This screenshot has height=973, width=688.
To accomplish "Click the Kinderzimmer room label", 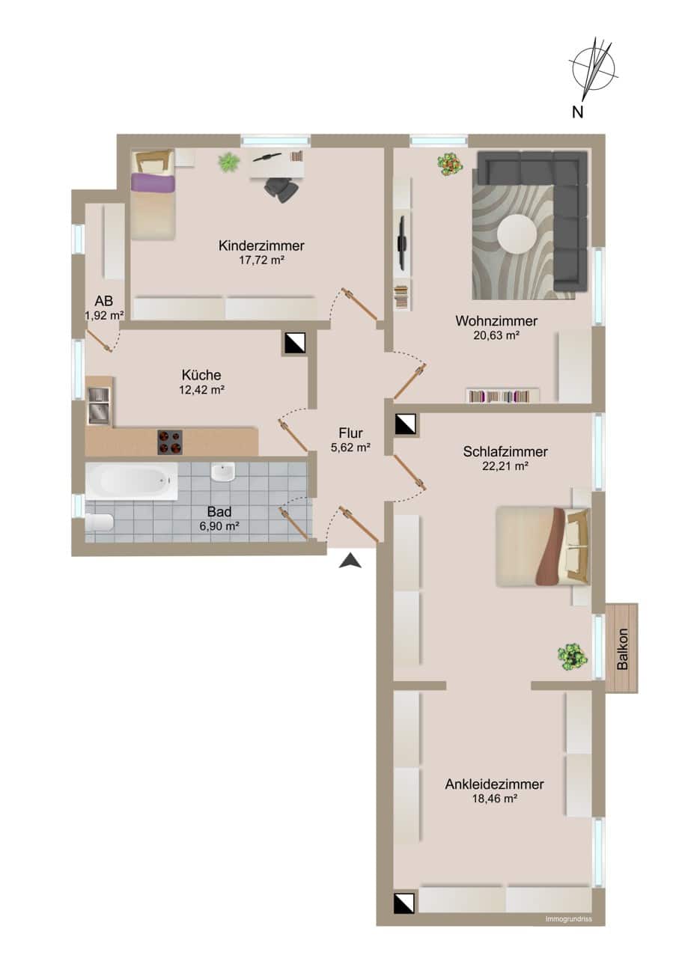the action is click(x=261, y=245).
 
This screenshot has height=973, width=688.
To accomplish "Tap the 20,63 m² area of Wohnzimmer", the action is click(x=496, y=335).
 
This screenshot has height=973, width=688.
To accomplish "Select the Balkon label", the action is click(x=622, y=649).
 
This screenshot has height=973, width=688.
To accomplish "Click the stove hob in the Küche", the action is click(x=170, y=442).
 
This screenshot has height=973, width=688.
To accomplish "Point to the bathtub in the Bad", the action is click(x=132, y=481).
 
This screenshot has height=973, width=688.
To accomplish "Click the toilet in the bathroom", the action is click(x=100, y=522).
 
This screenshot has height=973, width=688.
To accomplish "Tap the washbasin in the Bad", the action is click(x=223, y=472).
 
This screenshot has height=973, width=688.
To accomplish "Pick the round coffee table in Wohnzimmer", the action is click(x=517, y=234).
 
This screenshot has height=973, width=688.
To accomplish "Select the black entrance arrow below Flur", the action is click(x=350, y=561).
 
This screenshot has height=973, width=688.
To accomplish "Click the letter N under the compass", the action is click(x=577, y=112).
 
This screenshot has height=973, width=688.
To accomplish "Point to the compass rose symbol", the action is click(x=594, y=69).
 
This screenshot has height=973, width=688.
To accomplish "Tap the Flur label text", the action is click(x=350, y=433).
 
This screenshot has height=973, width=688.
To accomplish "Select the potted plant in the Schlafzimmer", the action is click(x=572, y=656).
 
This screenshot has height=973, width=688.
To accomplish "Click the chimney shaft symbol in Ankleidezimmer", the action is click(x=404, y=902).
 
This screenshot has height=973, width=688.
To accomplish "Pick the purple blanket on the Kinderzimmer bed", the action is click(x=153, y=182).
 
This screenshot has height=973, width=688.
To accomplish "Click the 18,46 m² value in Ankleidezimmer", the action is click(x=494, y=799).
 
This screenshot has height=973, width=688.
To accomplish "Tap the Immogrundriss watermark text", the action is click(x=568, y=918).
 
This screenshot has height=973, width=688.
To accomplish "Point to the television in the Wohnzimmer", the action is click(x=402, y=243).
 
